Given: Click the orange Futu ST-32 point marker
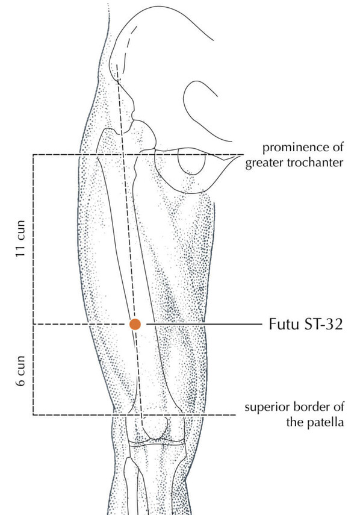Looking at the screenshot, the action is (135, 324).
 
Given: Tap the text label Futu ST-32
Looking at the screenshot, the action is (306, 324).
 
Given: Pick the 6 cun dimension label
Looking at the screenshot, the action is (20, 371).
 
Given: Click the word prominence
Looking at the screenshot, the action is (297, 148).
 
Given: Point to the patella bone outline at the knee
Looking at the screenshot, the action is (155, 427).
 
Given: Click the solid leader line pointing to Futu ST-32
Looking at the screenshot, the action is (204, 324).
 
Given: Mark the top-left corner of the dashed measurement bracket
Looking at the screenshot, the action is (33, 154).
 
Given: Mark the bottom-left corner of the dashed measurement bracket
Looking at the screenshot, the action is (33, 415).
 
